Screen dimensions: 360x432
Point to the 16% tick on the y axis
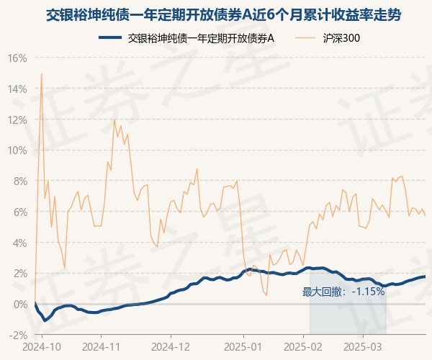click(x=18, y=58)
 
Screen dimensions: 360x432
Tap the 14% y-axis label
click(x=18, y=89)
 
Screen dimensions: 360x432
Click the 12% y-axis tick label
click(x=18, y=120)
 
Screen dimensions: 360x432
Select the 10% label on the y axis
click(x=18, y=150)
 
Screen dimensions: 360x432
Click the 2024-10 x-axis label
click(x=42, y=346)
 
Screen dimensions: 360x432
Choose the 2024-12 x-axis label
click(x=171, y=346)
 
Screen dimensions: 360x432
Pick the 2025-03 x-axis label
click(x=364, y=346)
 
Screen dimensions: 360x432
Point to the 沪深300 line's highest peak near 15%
click(x=41, y=73)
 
